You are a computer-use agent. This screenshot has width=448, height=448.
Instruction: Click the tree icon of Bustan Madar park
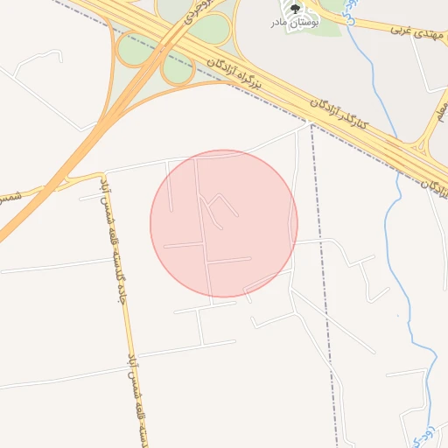(x=295, y=10)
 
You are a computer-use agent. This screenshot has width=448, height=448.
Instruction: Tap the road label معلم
(x=440, y=109)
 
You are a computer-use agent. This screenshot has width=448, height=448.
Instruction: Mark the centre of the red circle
(x=224, y=223)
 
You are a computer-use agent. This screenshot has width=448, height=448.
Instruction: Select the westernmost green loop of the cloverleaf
(x=134, y=48)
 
